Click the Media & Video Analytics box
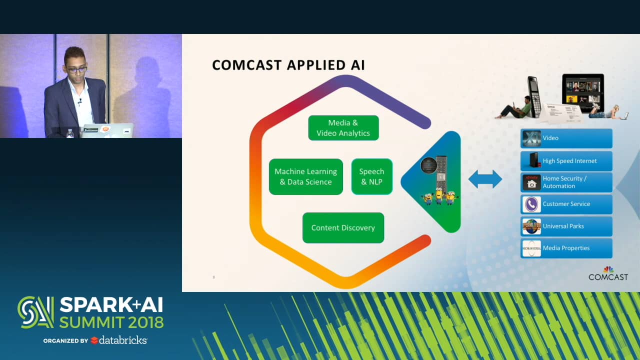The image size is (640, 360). pyautogui.click(x=343, y=128)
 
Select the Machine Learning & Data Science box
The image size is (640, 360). pyautogui.click(x=305, y=176)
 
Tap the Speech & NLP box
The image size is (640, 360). pyautogui.click(x=371, y=176)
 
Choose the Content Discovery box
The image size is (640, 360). pyautogui.click(x=343, y=227)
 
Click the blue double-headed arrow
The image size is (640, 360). pyautogui.click(x=485, y=179)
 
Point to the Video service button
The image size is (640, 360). pyautogui.click(x=566, y=138)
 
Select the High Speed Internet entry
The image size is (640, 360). pyautogui.click(x=566, y=161)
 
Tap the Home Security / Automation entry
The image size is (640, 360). pyautogui.click(x=566, y=182)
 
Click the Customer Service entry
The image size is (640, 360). pyautogui.click(x=566, y=204)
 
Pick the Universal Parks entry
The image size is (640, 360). pyautogui.click(x=566, y=226)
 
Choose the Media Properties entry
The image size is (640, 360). pyautogui.click(x=566, y=248)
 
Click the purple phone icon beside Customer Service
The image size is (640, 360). pyautogui.click(x=531, y=204)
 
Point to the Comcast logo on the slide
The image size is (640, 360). pyautogui.click(x=608, y=273)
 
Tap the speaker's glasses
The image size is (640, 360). pyautogui.click(x=76, y=69)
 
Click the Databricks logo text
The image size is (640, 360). pyautogui.click(x=122, y=340)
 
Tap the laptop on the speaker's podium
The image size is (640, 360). pyautogui.click(x=107, y=130)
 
